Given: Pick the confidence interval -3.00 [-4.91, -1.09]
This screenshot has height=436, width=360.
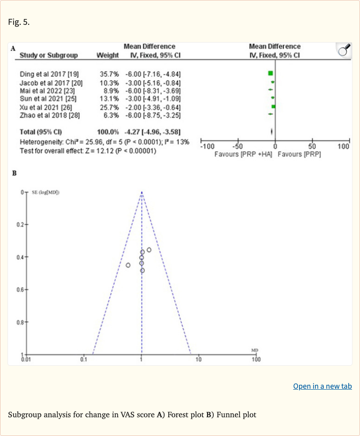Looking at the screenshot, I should click(x=153, y=99).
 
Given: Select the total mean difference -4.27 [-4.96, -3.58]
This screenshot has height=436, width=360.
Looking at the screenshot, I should click(x=153, y=132).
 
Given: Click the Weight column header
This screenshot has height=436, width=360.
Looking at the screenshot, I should click(x=107, y=55).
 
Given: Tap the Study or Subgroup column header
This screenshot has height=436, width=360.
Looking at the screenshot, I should click(x=49, y=55).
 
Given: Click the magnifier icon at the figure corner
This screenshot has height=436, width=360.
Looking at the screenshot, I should click(x=344, y=50).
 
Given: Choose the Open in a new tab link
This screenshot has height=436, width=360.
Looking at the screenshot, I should click(x=322, y=386).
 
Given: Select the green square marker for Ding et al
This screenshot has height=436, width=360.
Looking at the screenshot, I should click(x=270, y=74).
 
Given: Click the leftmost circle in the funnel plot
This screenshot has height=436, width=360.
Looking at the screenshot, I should click(x=128, y=265).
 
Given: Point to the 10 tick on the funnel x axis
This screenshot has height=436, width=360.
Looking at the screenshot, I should click(x=198, y=359).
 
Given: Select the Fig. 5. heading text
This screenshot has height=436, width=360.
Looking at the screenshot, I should click(x=19, y=22).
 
